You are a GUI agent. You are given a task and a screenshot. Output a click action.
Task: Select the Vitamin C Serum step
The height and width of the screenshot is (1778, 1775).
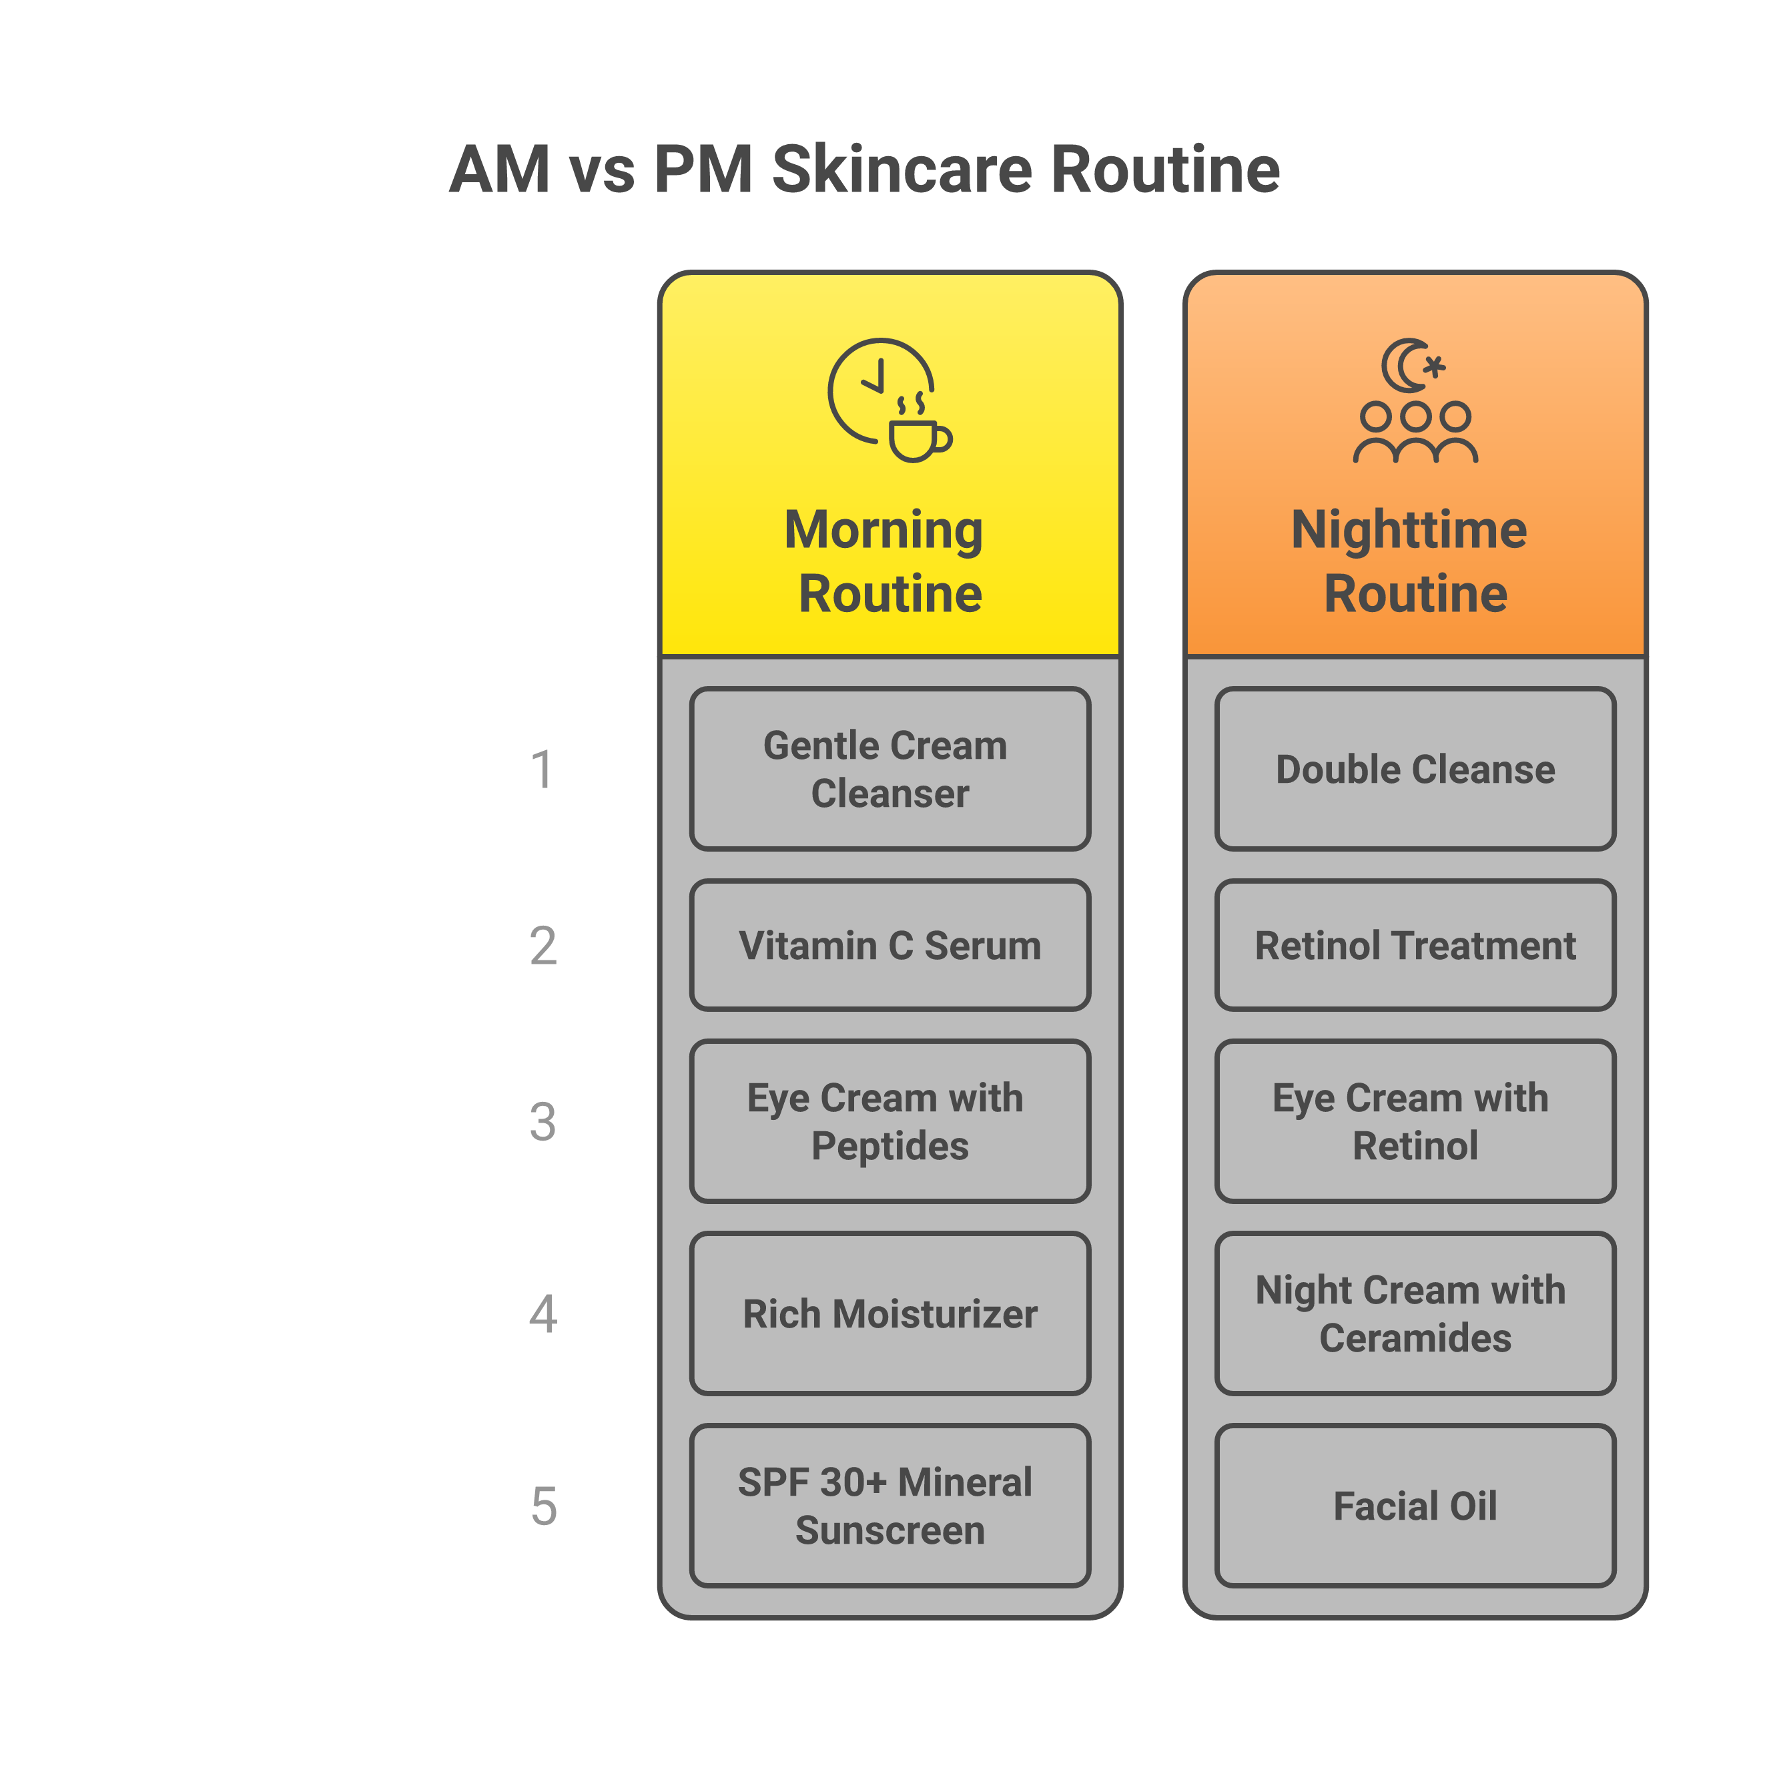(x=889, y=945)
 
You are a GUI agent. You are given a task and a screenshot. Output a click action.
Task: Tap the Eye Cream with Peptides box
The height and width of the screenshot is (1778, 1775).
(x=889, y=1121)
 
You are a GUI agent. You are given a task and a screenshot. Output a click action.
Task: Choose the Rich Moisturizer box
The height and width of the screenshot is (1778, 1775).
(x=889, y=1313)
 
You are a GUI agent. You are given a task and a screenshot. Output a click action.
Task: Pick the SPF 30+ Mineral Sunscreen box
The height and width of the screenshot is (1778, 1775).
(x=889, y=1506)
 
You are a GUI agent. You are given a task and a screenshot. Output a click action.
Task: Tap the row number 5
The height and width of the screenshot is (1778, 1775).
(x=543, y=1506)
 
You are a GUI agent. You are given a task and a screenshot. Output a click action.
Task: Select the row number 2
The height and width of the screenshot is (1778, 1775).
(x=543, y=946)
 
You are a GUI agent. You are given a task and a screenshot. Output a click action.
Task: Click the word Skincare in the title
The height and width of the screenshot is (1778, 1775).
(x=902, y=170)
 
